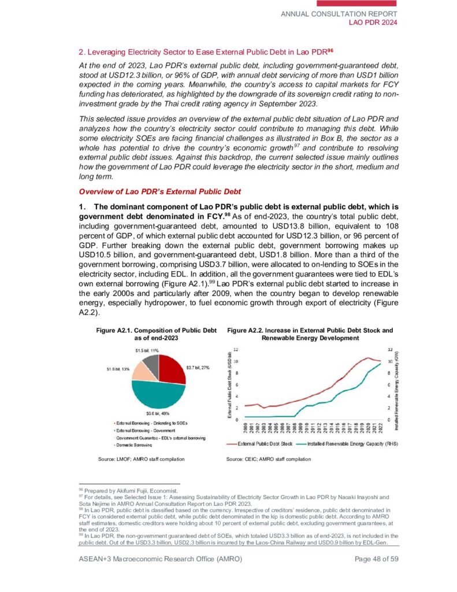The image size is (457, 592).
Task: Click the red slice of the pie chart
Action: click(172, 371)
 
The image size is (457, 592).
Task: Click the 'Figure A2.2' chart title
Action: click(310, 334)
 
